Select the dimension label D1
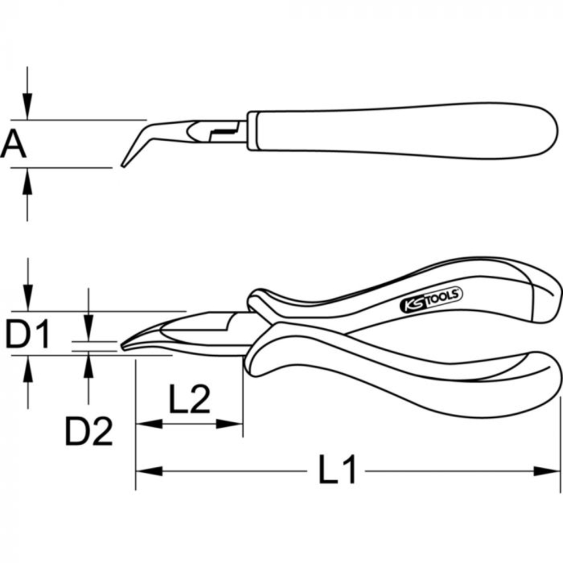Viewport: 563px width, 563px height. click(x=28, y=334)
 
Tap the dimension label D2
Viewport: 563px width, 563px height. click(x=88, y=432)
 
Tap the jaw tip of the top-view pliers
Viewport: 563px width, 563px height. click(x=125, y=345)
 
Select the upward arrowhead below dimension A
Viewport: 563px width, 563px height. click(x=27, y=179)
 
